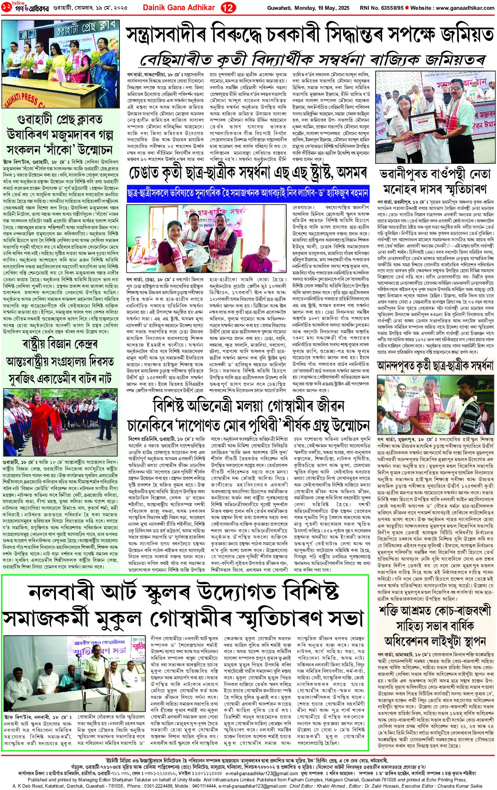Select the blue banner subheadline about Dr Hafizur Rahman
(x=248, y=194)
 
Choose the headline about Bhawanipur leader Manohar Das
(x=434, y=181)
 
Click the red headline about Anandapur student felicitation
(x=435, y=366)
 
